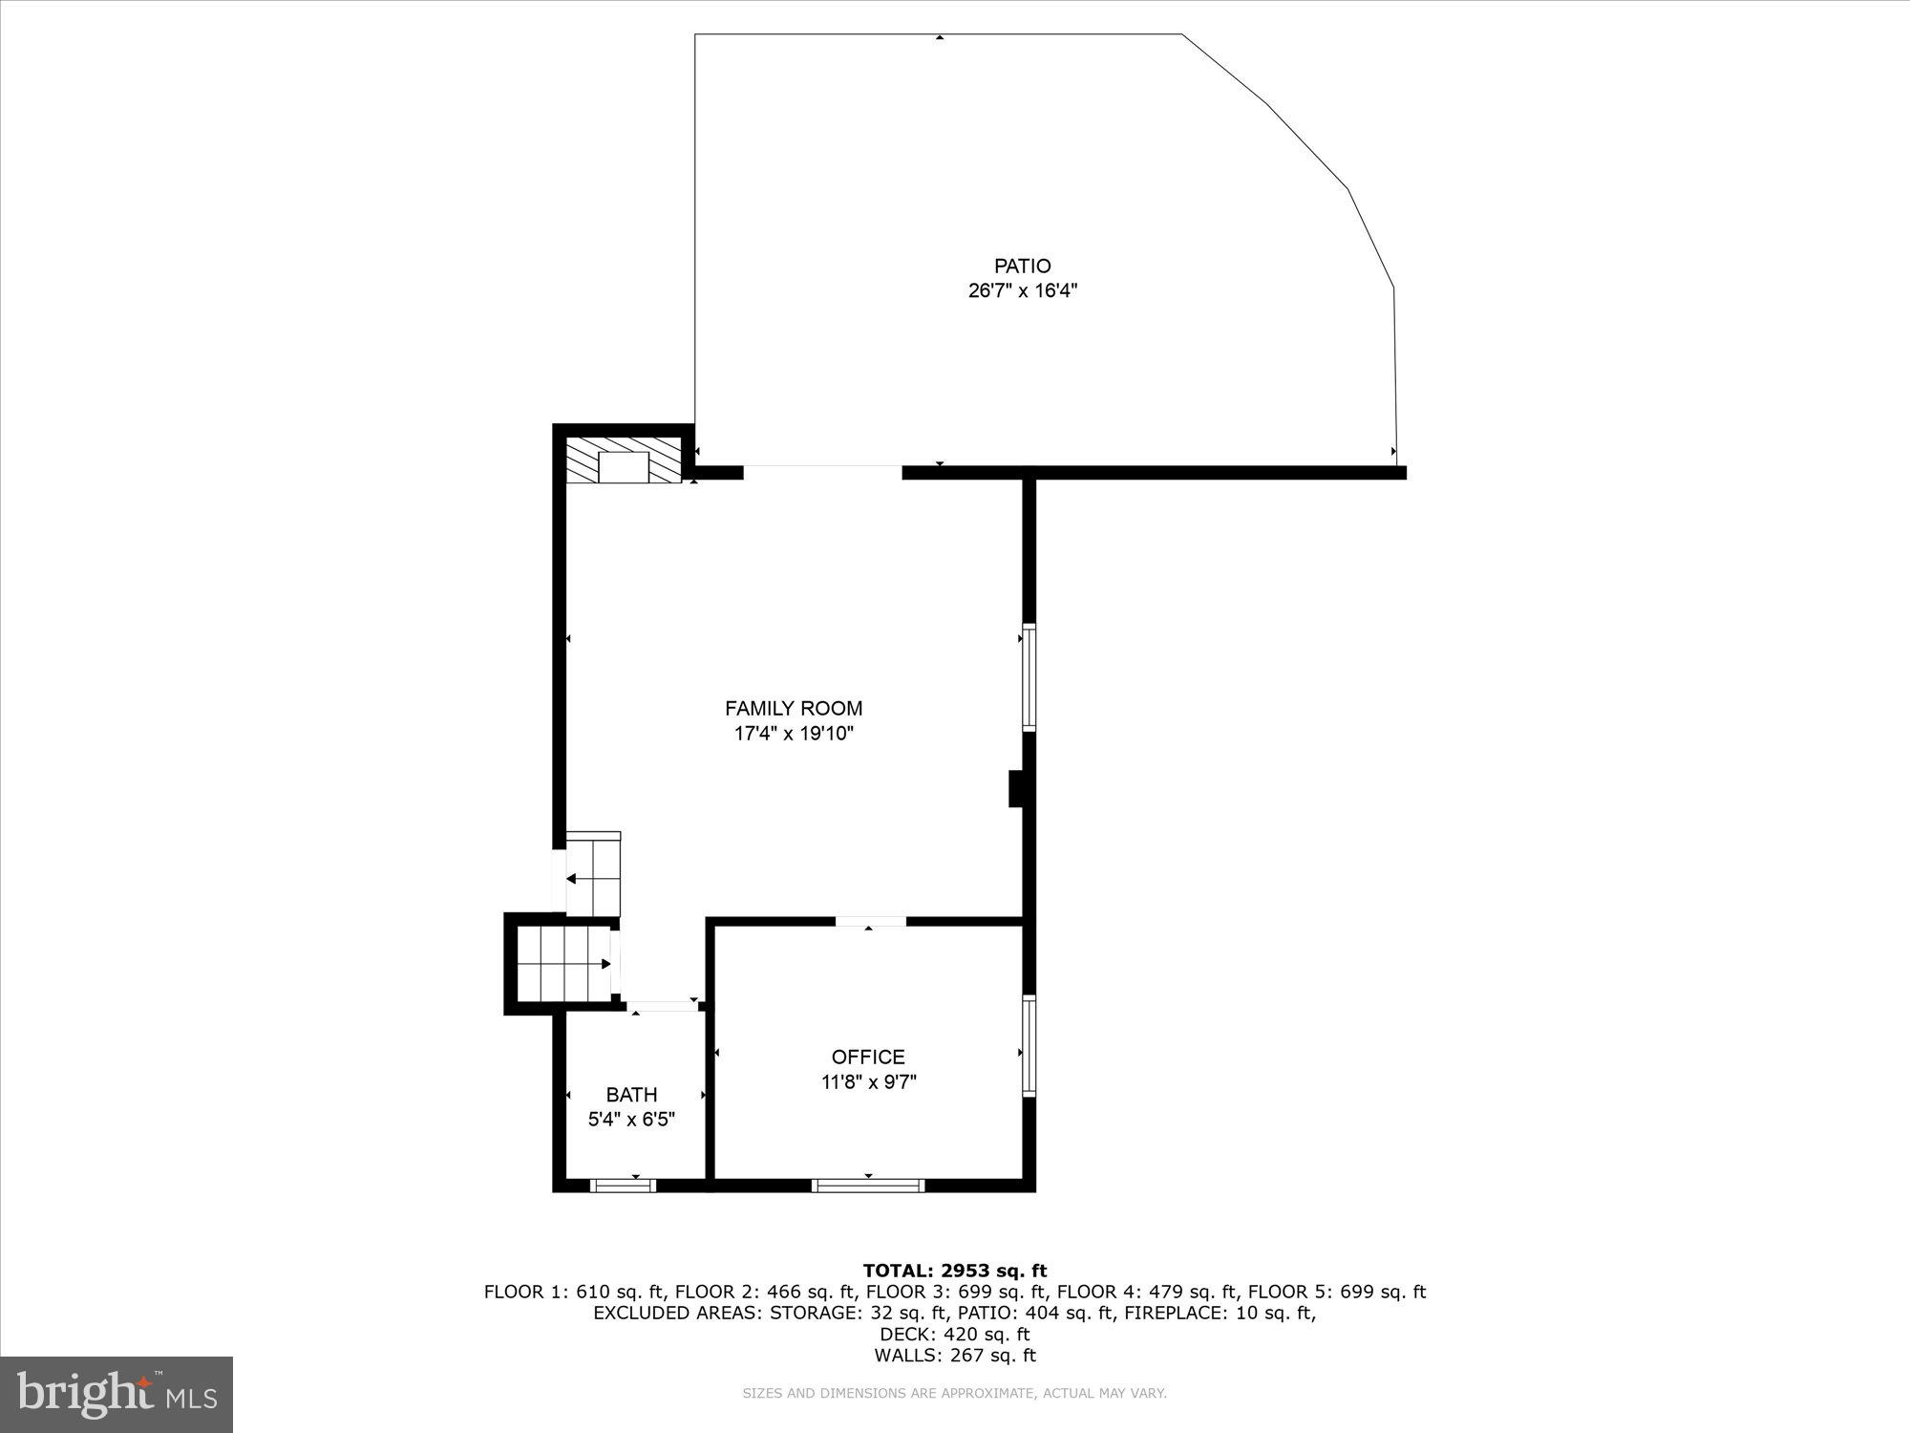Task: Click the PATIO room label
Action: click(x=1022, y=267)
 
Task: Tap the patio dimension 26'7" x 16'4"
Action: click(x=1022, y=291)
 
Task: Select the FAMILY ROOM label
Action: click(x=793, y=709)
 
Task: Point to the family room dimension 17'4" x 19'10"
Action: click(x=793, y=735)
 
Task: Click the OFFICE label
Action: click(x=867, y=1057)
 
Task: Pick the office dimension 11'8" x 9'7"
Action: click(x=868, y=1082)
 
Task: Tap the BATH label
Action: click(x=631, y=1095)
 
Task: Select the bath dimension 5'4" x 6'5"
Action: click(x=631, y=1120)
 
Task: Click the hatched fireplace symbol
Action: click(x=624, y=460)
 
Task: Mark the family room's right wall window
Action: click(x=1029, y=677)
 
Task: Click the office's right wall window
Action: click(x=1029, y=1046)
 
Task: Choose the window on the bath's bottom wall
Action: click(x=623, y=1186)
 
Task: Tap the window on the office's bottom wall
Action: click(x=868, y=1186)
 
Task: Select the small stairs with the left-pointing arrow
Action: click(x=593, y=875)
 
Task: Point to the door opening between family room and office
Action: click(x=870, y=922)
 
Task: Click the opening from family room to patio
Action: click(x=822, y=472)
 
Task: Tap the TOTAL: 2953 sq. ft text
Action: click(x=954, y=1271)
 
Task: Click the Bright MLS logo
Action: click(x=117, y=1394)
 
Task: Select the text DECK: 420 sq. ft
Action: click(x=954, y=1334)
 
